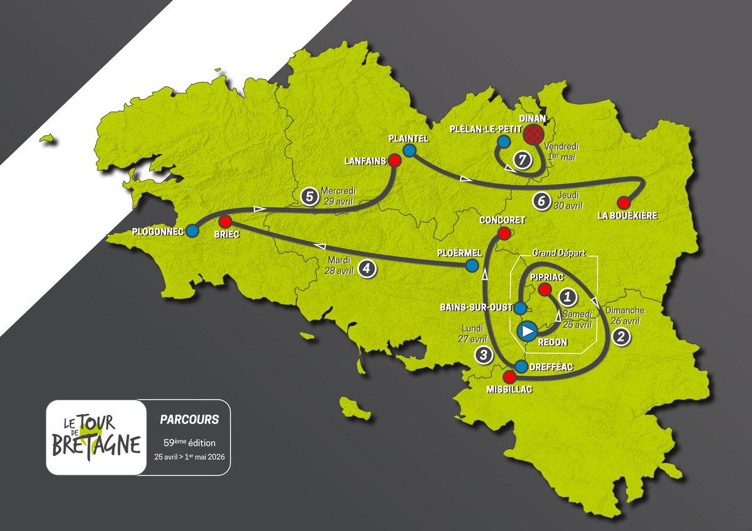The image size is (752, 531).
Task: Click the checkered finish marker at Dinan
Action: pos(533,133)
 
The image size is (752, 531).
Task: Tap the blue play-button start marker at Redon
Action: pos(528,329)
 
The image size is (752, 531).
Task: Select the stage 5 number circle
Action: pos(308,195)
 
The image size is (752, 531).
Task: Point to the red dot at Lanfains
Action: pos(395,160)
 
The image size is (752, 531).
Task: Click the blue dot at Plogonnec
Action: pos(192,230)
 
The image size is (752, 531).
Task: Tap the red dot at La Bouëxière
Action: pos(623,202)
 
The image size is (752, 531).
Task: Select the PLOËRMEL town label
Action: pos(459,253)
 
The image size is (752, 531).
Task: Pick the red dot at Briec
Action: pos(225,221)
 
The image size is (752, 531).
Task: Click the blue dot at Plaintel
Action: pos(409,150)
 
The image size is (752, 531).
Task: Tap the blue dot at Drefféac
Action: pos(521,366)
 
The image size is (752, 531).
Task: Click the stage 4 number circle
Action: pos(367,269)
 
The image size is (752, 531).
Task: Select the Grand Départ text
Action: pos(559,254)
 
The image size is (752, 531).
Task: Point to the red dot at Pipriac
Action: pos(545,289)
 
